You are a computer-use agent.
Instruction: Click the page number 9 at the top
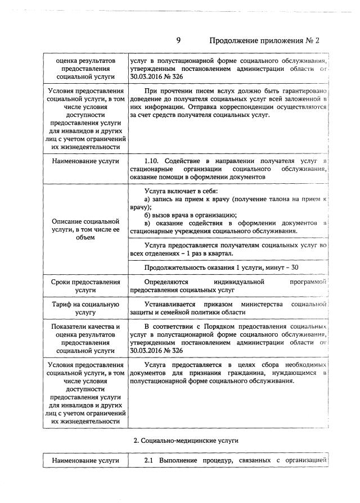click(178, 40)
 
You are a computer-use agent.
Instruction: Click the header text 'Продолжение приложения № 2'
click(264, 40)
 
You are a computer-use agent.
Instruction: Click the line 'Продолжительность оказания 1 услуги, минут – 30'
click(221, 267)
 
